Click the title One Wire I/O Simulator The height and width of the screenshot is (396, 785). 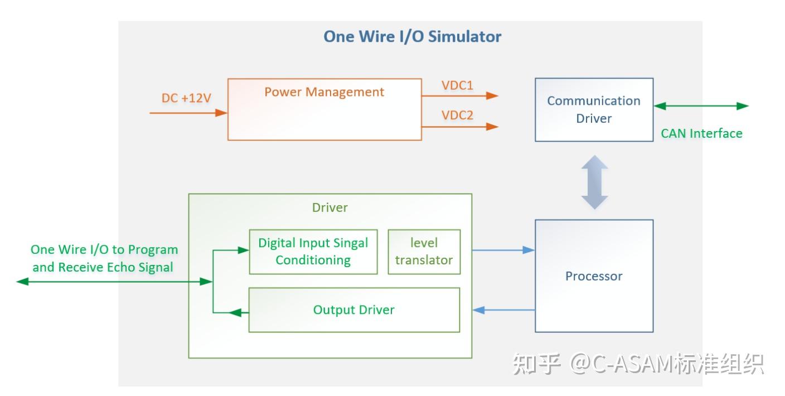412,36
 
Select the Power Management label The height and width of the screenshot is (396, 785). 324,92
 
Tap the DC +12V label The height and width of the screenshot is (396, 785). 186,98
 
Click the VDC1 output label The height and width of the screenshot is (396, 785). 457,85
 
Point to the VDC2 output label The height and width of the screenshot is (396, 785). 457,115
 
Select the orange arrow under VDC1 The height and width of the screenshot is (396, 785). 460,96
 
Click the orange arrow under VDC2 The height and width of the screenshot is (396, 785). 460,127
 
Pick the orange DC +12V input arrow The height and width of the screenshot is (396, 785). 188,113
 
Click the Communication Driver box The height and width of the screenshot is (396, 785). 594,110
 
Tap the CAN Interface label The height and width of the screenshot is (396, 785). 701,133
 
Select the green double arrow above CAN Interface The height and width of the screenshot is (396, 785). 701,106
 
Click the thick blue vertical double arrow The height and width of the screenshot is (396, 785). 595,182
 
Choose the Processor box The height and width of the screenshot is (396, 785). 594,276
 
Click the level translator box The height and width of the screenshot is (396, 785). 424,252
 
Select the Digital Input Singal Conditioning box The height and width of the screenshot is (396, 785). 313,252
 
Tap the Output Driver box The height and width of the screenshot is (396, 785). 354,310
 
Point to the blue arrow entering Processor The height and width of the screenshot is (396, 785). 503,250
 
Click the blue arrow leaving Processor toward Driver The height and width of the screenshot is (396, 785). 503,310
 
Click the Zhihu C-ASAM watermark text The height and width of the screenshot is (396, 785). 638,364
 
